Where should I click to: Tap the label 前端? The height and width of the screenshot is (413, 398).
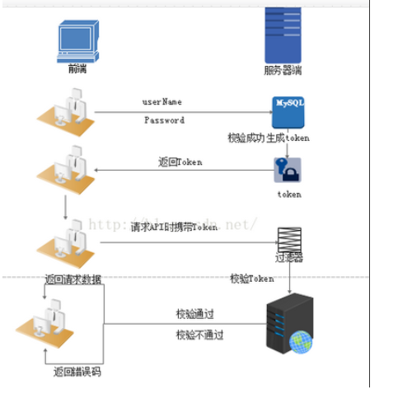[x=78, y=69]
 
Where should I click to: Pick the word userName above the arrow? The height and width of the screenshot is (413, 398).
[x=162, y=102]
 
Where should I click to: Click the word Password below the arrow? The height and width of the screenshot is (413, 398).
[x=164, y=120]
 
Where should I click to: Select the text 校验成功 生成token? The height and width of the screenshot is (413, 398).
[x=269, y=138]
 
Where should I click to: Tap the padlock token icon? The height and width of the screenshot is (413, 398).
[x=288, y=169]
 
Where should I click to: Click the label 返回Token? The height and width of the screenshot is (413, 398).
[x=180, y=162]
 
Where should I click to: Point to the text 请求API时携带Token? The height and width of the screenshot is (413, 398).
[x=174, y=226]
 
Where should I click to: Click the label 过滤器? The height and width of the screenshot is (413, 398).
[x=289, y=258]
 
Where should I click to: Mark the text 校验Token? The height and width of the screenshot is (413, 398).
[x=251, y=279]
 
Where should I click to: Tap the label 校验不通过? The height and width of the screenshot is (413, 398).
[x=199, y=335]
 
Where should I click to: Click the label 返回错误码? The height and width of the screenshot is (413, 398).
[x=77, y=372]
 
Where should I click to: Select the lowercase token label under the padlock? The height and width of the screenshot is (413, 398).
[x=288, y=195]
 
